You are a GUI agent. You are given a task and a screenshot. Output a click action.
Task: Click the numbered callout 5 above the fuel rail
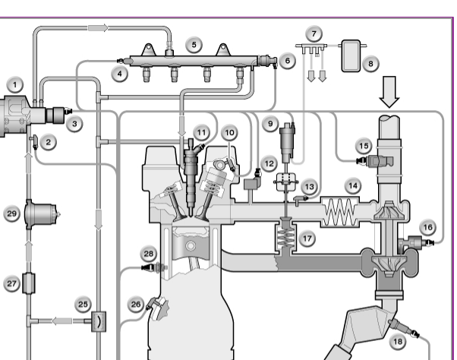(194, 45)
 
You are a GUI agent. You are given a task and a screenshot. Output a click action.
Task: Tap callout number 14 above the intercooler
(353, 185)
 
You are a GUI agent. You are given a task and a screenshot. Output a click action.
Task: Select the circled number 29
(11, 213)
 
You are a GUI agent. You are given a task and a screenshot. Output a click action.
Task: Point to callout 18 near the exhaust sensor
(398, 341)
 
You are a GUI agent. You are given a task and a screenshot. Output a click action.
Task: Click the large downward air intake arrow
(389, 92)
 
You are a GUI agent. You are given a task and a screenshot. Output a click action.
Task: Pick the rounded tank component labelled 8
(351, 56)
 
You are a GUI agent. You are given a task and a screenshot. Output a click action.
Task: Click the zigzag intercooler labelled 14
(340, 212)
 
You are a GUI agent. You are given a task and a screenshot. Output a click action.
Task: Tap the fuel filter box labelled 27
(29, 283)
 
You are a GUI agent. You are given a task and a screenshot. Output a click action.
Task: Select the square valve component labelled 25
(99, 321)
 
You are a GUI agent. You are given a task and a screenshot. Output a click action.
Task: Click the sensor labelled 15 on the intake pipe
(376, 161)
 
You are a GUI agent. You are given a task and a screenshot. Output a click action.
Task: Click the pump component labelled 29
(41, 214)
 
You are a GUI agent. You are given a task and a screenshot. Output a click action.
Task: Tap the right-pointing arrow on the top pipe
(98, 28)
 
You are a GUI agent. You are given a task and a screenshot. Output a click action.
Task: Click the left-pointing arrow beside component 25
(62, 321)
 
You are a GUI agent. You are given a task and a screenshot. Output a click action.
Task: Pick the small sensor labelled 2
(35, 142)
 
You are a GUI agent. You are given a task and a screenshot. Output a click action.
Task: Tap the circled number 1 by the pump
(15, 85)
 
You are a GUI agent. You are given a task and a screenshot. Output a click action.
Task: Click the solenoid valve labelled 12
(252, 181)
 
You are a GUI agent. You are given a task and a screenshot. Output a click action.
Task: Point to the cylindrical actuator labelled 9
(287, 141)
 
